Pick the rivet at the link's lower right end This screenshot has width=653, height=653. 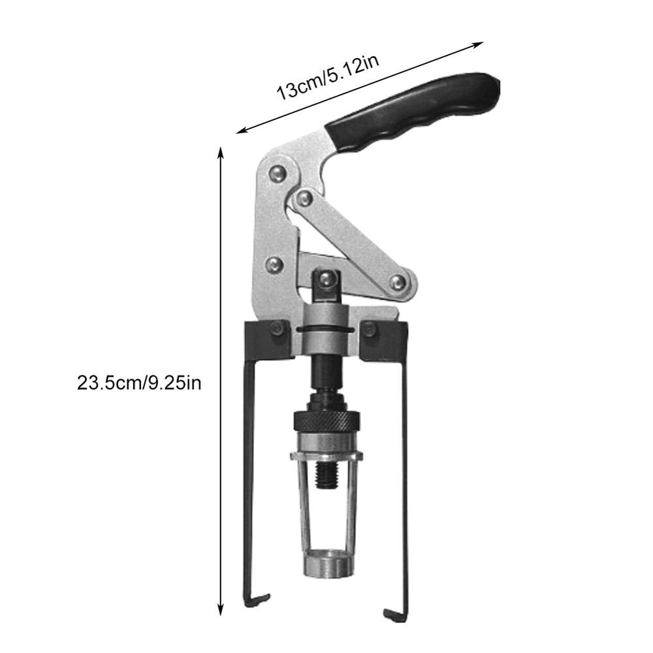[398, 282]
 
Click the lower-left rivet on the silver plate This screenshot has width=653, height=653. [275, 264]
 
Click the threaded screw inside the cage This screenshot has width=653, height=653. [325, 477]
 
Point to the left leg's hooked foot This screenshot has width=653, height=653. [258, 597]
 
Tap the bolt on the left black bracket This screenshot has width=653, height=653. [277, 329]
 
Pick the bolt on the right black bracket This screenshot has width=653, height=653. [371, 330]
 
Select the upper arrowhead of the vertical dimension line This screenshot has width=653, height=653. [221, 151]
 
